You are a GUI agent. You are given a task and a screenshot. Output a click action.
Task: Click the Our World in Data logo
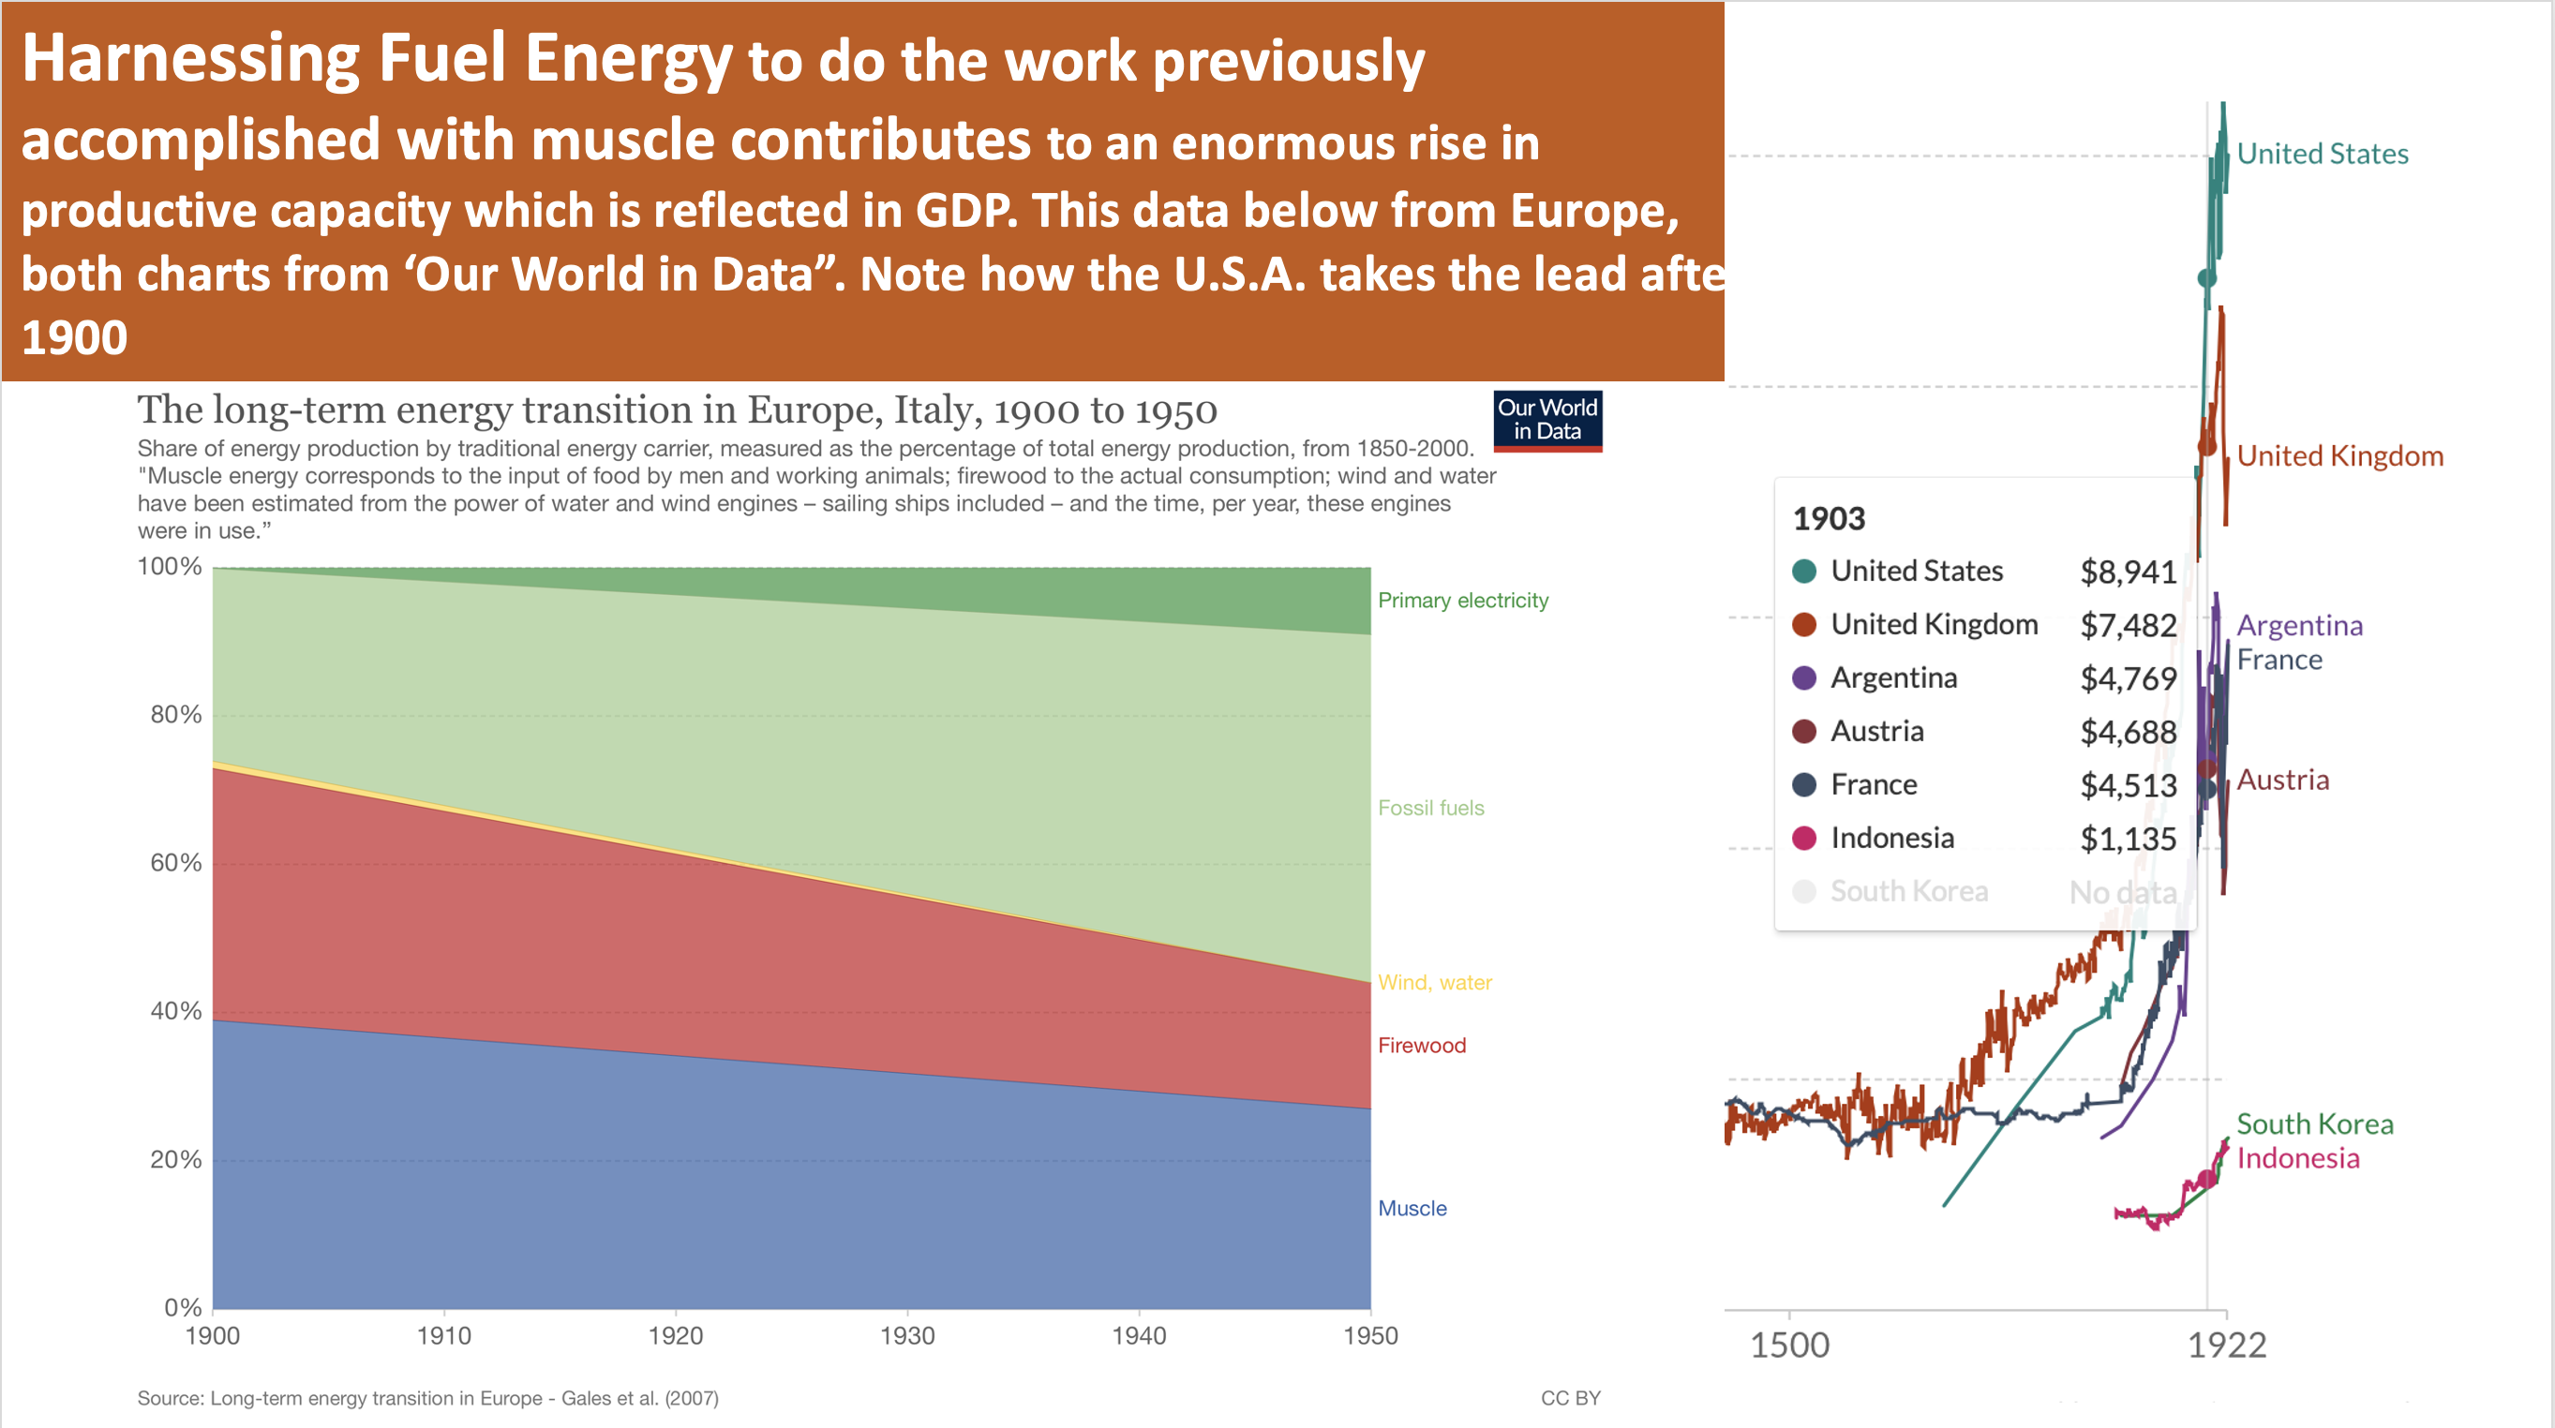point(1546,421)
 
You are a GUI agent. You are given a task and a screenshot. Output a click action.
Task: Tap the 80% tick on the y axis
point(175,715)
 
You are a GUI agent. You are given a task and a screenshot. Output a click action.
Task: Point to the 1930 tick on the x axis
point(906,1336)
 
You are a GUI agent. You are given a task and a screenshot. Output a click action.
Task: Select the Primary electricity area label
point(1462,601)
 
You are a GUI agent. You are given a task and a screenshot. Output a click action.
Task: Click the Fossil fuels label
point(1430,809)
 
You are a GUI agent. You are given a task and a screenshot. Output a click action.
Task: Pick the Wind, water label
point(1434,983)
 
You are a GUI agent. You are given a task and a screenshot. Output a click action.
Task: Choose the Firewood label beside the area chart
point(1421,1045)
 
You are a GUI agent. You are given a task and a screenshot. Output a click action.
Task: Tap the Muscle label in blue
point(1412,1209)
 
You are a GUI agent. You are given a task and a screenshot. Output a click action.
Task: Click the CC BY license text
point(1570,1398)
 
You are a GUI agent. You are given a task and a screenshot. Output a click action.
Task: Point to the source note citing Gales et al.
point(427,1398)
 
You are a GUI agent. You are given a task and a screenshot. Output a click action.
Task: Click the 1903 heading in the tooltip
point(1829,519)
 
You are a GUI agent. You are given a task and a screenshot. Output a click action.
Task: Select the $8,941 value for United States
point(2128,573)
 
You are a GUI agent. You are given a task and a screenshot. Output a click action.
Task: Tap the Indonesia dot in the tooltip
point(1804,839)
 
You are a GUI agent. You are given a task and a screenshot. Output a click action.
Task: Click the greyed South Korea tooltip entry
point(1908,891)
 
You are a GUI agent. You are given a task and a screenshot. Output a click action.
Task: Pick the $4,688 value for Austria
point(2128,733)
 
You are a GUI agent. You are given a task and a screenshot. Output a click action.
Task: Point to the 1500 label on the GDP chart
point(1789,1346)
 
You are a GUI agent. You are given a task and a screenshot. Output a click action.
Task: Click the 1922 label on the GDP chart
point(2227,1346)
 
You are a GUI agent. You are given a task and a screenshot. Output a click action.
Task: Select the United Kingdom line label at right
point(2339,456)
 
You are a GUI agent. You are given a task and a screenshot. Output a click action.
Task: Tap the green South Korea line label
point(2314,1124)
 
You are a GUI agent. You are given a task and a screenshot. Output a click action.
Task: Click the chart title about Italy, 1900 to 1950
point(677,410)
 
